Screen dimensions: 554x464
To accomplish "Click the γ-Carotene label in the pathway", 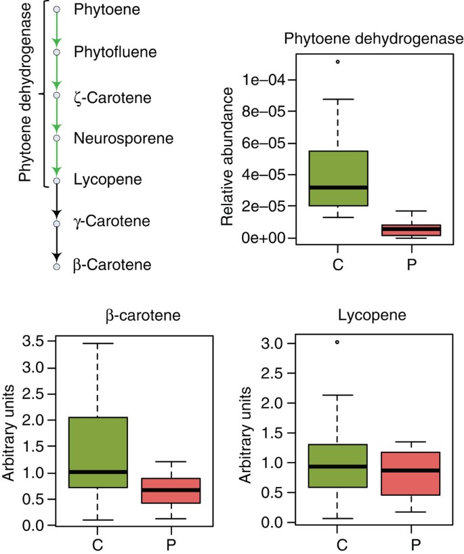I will click(111, 221).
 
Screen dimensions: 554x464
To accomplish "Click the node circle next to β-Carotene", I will click(57, 265).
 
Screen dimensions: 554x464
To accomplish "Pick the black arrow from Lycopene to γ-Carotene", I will click(57, 200).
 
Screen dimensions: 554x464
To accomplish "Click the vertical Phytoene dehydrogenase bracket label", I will click(25, 94).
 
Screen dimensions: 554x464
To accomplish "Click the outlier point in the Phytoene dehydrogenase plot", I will click(337, 62).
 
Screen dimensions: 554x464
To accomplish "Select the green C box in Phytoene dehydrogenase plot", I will click(338, 178).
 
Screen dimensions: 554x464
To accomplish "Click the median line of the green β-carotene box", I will click(98, 471).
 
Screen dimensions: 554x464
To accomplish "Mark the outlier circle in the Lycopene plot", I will click(337, 342).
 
